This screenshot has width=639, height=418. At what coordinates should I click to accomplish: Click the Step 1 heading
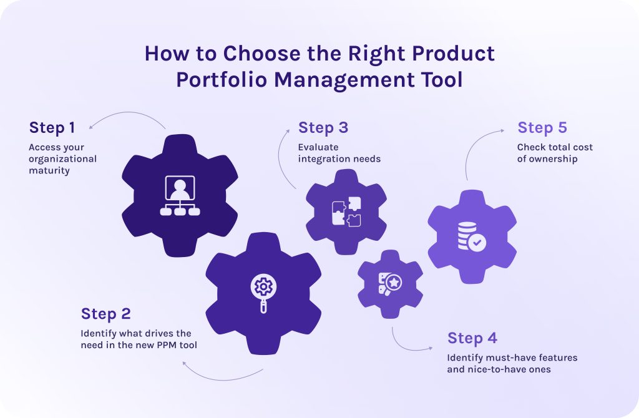click(x=52, y=128)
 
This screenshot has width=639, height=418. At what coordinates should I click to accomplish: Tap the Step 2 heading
click(x=105, y=314)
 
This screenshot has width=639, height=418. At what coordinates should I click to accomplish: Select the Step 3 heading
click(x=323, y=128)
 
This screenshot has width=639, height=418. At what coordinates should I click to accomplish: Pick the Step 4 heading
click(x=472, y=338)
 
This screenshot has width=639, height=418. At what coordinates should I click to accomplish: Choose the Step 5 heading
click(x=542, y=128)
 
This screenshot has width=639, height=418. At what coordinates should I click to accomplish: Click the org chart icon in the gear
click(x=180, y=196)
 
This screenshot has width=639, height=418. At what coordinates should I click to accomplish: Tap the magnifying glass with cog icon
click(x=263, y=291)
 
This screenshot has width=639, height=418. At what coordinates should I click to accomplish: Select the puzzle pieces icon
click(x=346, y=211)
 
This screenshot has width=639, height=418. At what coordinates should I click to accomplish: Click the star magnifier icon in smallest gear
click(x=390, y=284)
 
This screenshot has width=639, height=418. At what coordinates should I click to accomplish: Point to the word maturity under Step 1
click(x=49, y=170)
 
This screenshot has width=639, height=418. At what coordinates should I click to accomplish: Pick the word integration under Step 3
click(x=323, y=158)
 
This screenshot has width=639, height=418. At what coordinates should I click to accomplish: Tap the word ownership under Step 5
click(x=555, y=158)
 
